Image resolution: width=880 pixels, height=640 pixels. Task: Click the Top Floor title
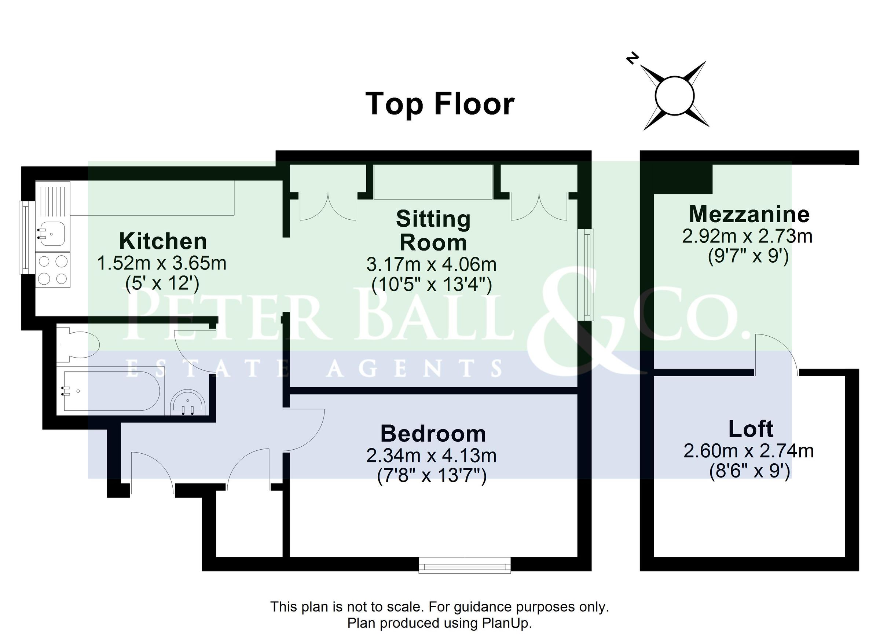[440, 104]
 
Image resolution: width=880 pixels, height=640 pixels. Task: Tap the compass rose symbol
[674, 95]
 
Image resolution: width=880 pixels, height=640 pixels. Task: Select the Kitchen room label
[163, 241]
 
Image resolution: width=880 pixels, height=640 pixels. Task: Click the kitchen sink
[52, 234]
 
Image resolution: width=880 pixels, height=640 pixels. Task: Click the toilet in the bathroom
[78, 344]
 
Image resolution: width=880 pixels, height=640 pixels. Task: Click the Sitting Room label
[433, 231]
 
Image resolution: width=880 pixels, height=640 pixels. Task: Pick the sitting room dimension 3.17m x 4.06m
[432, 265]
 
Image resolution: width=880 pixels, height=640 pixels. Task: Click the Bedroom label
[433, 434]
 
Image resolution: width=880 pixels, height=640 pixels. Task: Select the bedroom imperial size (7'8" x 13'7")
[432, 476]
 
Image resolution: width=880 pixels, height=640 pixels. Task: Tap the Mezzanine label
[749, 214]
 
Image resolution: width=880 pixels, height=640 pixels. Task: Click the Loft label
[751, 428]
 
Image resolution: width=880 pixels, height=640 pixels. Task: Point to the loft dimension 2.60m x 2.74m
[748, 451]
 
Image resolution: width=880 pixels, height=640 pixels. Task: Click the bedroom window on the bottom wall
[465, 565]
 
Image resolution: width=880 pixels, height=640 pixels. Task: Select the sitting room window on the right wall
[586, 274]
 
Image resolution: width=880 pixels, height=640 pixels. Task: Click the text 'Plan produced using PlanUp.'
[439, 623]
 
